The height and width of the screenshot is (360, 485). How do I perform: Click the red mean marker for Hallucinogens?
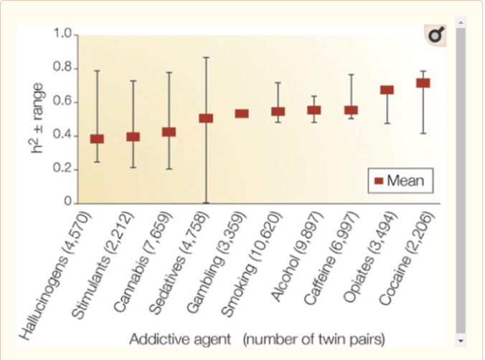coord(97,138)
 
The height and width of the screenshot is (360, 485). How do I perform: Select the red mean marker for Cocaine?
coord(423,83)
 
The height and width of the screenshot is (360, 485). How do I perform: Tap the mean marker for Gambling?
coord(242,113)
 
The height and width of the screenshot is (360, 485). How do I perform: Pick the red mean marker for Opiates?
coord(387,90)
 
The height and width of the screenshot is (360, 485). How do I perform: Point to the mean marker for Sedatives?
coord(206,118)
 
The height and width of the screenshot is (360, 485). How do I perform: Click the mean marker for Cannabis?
coord(169,132)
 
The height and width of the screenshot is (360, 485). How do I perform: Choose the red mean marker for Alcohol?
coord(314,110)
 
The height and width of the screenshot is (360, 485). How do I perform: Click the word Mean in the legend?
coord(405,181)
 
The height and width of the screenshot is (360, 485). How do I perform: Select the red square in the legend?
coord(379,181)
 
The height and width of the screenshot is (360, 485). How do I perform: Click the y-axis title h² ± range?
coord(40,118)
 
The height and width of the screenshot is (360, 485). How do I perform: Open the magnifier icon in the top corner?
coord(435,34)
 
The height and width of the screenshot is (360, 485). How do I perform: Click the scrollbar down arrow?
coord(461,341)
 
